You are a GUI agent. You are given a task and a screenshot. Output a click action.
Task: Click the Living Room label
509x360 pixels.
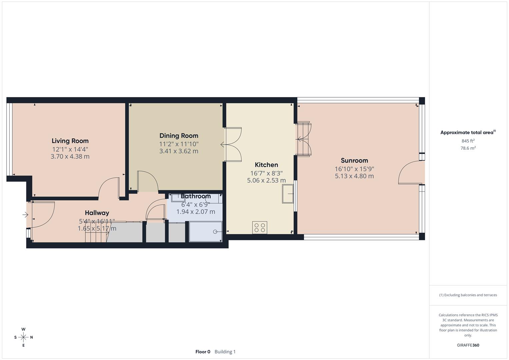(x=70, y=141)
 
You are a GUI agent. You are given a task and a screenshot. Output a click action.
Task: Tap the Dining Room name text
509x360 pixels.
(x=179, y=136)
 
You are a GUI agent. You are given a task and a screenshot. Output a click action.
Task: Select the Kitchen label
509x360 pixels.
(x=266, y=165)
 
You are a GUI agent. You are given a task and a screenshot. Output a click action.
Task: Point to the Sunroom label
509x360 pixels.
(x=354, y=160)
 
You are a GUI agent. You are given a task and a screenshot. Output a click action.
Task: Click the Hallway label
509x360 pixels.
(x=97, y=213)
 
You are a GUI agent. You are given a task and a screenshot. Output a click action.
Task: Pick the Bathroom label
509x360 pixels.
(x=196, y=196)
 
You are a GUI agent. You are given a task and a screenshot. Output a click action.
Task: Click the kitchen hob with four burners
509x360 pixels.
(x=260, y=228)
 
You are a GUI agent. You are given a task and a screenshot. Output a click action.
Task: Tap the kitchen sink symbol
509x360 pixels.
(x=288, y=194)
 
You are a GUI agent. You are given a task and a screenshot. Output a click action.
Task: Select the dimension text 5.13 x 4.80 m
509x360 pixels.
(x=354, y=176)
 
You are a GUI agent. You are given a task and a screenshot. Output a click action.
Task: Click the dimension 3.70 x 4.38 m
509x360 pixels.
(x=70, y=156)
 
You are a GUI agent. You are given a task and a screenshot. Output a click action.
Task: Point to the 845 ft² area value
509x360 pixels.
(x=468, y=141)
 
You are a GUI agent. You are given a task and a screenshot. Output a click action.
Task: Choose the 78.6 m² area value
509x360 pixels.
(x=468, y=148)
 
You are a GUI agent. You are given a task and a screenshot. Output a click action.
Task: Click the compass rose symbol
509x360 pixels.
(x=23, y=337)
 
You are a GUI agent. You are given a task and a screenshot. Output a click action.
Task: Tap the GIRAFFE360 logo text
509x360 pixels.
(x=468, y=345)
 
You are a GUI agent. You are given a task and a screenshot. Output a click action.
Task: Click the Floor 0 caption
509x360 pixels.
(x=203, y=352)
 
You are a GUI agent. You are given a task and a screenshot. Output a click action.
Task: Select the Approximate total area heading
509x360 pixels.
(x=468, y=132)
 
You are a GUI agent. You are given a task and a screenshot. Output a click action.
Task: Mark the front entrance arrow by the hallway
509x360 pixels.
(x=25, y=215)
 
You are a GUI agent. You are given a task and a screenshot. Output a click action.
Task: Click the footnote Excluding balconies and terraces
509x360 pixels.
(x=468, y=295)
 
